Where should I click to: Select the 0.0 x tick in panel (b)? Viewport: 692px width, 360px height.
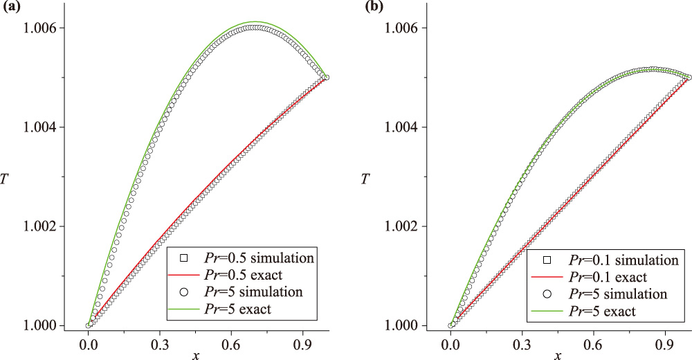[451, 342]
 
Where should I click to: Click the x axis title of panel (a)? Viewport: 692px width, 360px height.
[196, 354]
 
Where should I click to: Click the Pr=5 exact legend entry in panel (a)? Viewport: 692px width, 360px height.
[242, 308]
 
